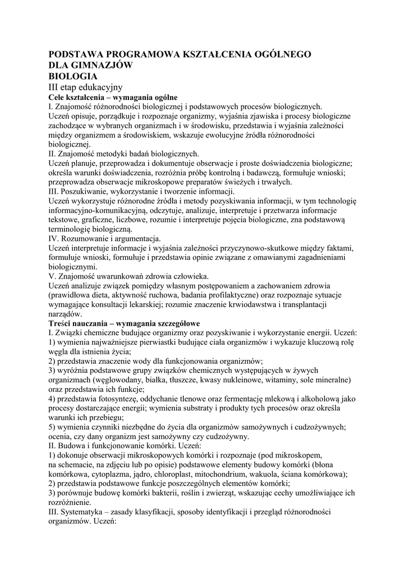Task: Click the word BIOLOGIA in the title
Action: point(73,76)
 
